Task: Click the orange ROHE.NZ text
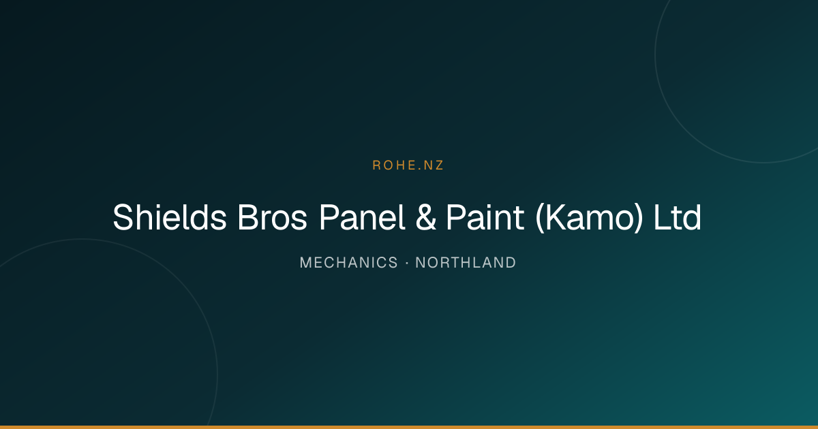pos(408,165)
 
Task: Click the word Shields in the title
pos(170,217)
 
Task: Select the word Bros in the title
pos(273,217)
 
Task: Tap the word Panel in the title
pos(362,217)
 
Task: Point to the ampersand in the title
pos(426,217)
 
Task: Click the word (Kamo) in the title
pos(589,218)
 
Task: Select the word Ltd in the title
pos(678,217)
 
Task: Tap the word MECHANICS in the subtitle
pos(349,263)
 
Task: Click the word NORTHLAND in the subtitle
pos(466,263)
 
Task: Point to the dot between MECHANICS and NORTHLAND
pos(407,263)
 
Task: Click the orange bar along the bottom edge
pos(409,427)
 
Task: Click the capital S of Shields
pos(123,217)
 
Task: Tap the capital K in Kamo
pos(556,217)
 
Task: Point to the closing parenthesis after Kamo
pos(639,218)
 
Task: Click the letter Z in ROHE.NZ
pos(439,165)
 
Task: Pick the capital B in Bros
pos(248,217)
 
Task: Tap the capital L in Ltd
pos(662,217)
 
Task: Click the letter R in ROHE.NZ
pos(376,165)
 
